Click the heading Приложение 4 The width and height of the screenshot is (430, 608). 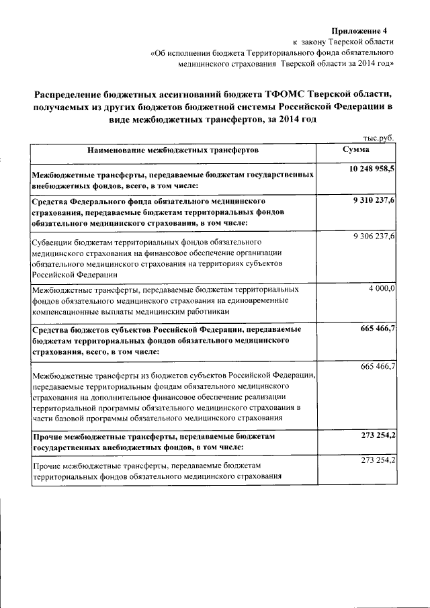361,31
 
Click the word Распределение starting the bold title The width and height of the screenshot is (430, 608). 73,95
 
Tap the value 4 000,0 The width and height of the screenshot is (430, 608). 382,288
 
